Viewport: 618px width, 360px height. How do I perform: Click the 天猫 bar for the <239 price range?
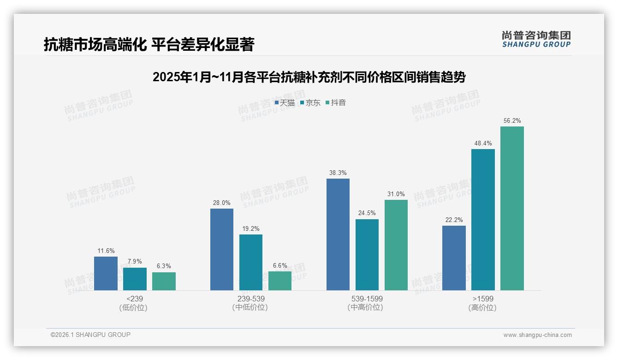[x=106, y=273]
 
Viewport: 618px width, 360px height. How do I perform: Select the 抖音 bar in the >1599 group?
[x=512, y=208]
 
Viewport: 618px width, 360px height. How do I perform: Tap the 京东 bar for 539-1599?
[x=367, y=254]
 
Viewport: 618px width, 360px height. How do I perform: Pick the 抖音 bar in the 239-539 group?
[x=280, y=281]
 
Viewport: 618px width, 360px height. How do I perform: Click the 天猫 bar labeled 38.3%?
[x=338, y=234]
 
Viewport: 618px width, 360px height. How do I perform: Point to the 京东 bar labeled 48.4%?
[x=483, y=219]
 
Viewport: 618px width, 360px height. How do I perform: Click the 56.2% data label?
[x=512, y=121]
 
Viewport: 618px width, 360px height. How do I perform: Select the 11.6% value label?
[x=106, y=251]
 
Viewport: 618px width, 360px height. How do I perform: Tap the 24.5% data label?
[x=367, y=213]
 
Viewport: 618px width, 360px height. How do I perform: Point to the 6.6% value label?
[x=280, y=266]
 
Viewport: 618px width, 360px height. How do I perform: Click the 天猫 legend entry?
[x=285, y=103]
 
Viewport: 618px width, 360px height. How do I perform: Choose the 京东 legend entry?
[x=310, y=103]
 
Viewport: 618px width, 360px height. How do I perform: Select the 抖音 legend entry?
[x=336, y=103]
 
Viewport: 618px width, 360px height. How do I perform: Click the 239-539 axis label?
[x=251, y=299]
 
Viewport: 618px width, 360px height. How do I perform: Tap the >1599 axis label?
[x=483, y=299]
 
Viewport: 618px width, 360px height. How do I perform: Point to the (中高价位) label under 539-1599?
[x=365, y=307]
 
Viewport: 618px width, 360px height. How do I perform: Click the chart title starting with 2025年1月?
[x=309, y=77]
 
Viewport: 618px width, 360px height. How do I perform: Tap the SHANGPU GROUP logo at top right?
[x=536, y=39]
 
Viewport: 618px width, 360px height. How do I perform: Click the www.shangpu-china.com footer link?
[x=537, y=335]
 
